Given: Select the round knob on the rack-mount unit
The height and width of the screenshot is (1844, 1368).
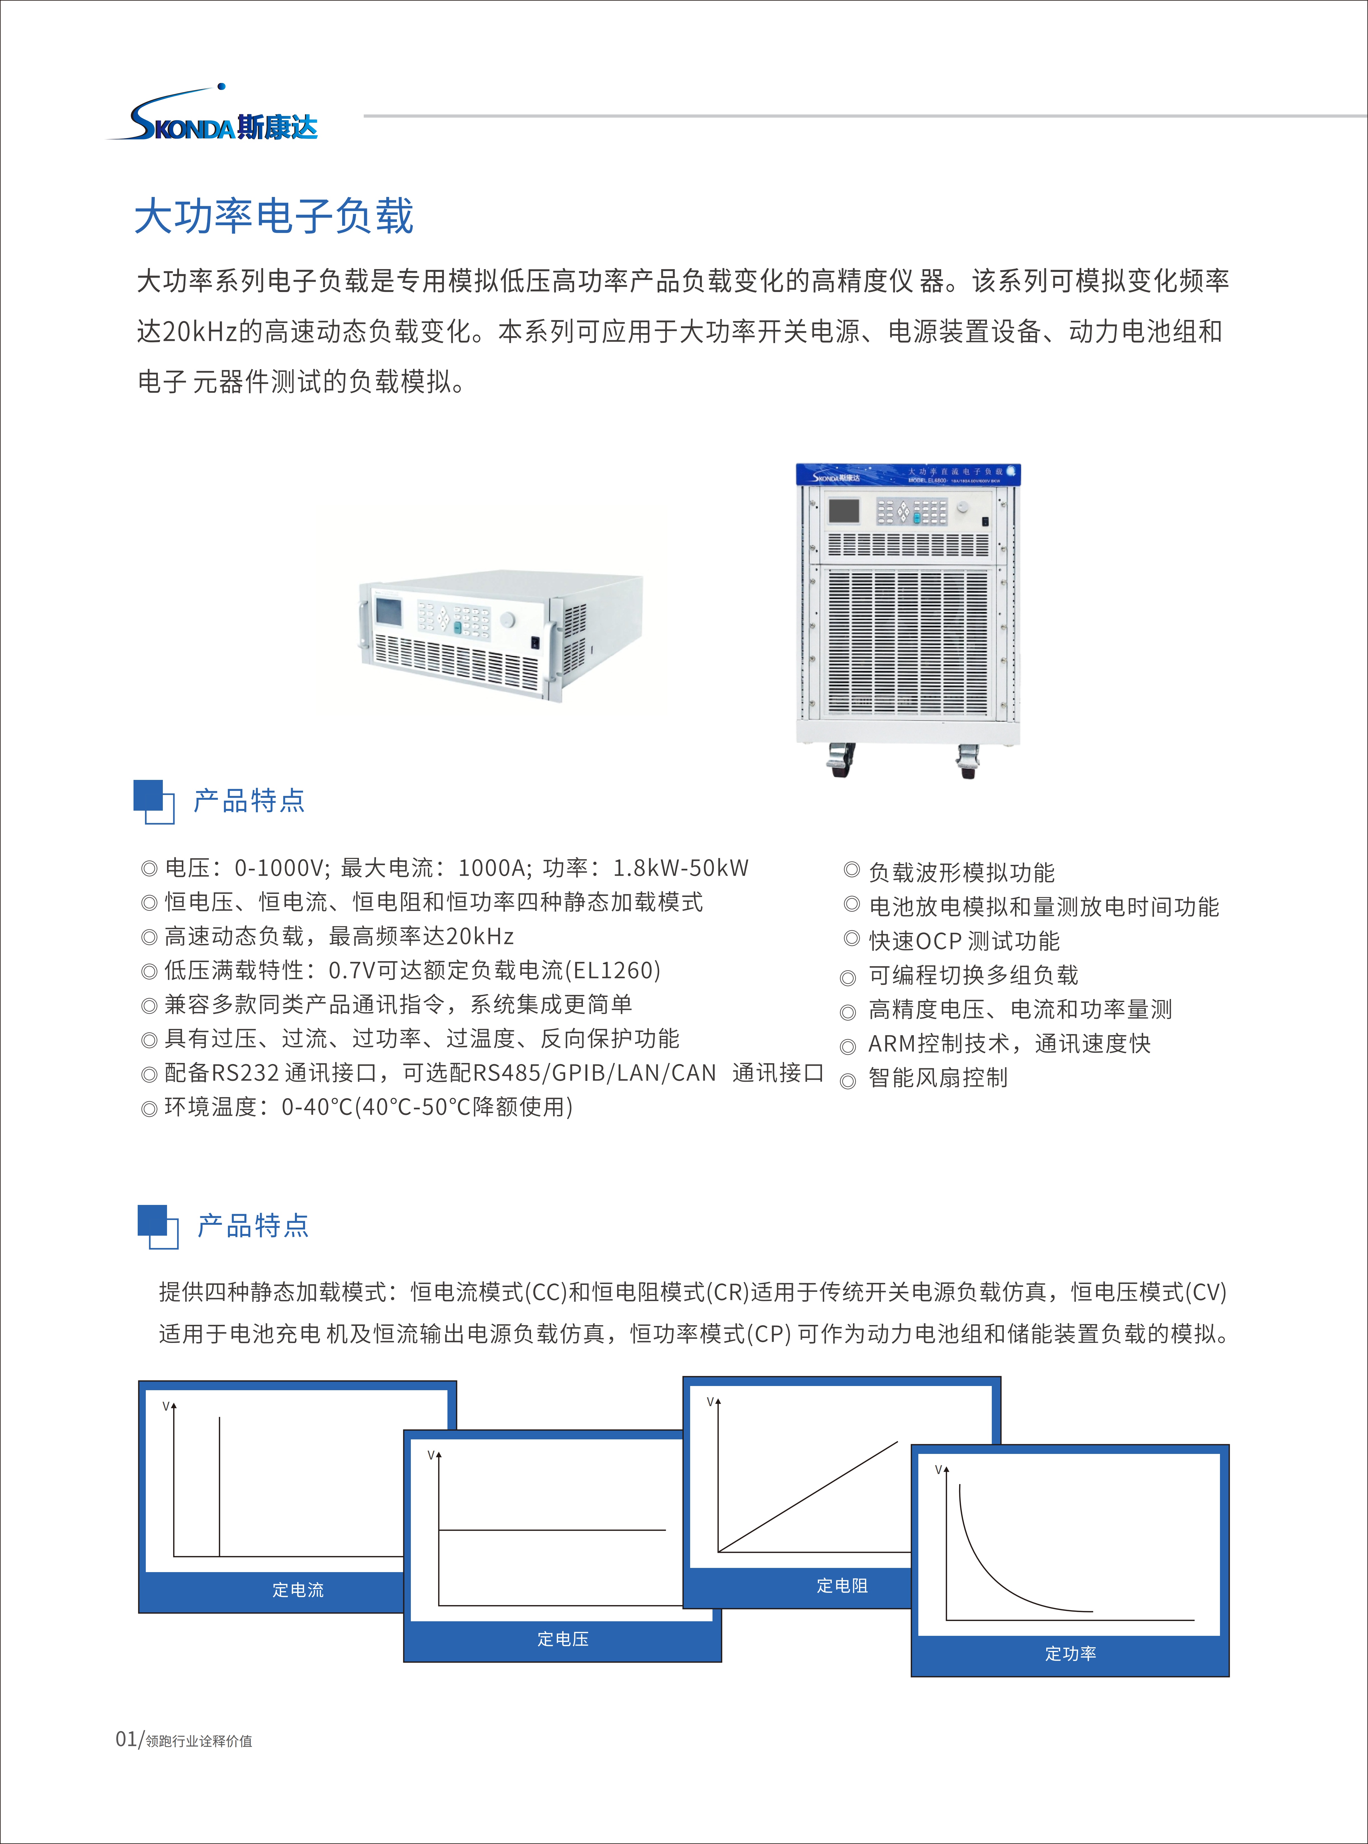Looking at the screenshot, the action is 507,620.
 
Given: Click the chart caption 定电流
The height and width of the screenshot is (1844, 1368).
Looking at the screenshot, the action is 298,1590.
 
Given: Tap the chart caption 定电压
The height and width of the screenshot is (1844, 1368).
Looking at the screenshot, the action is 563,1639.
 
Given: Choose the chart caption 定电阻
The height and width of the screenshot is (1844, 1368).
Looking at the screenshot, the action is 842,1586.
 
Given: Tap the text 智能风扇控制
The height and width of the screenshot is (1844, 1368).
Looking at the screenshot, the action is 938,1078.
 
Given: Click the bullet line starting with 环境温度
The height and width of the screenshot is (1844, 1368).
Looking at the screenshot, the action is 357,1108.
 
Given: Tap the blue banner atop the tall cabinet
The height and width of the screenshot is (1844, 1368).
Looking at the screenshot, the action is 908,475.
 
